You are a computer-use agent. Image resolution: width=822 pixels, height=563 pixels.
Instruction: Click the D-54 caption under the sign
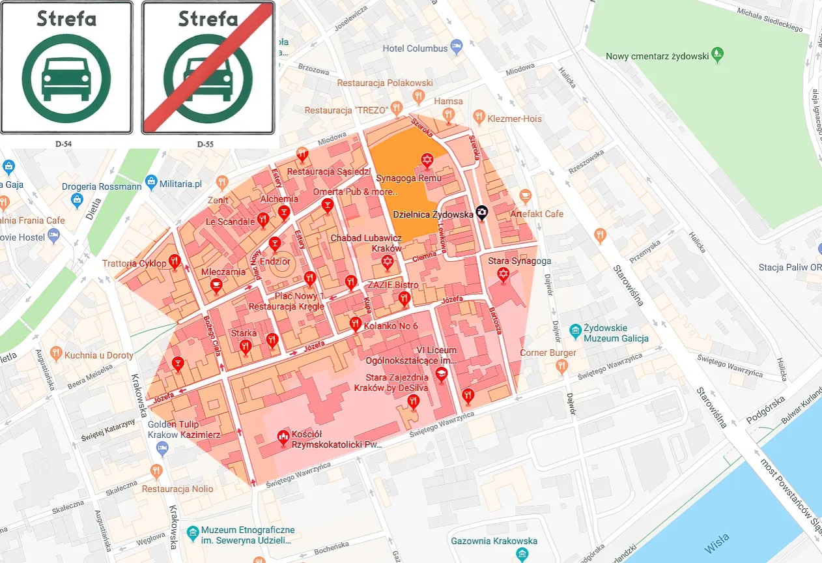[63, 143]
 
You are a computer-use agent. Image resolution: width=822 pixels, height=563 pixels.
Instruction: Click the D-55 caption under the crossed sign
[205, 143]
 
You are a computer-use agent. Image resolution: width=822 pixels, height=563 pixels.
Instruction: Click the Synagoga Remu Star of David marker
[427, 160]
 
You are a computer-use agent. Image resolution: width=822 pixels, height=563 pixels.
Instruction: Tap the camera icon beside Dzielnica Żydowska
[481, 212]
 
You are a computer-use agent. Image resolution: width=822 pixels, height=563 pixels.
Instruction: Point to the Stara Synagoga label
[520, 261]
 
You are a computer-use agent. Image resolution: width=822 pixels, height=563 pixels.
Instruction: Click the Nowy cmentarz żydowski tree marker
[718, 55]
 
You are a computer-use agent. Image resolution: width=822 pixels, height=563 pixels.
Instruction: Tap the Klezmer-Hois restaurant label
[515, 119]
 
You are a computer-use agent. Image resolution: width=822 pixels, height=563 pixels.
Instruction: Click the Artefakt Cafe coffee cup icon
[526, 195]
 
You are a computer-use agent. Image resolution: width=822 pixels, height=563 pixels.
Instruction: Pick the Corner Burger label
[548, 353]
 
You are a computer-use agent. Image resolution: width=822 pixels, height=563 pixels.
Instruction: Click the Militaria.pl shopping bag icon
[151, 180]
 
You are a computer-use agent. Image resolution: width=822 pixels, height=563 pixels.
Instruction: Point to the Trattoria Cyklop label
[134, 264]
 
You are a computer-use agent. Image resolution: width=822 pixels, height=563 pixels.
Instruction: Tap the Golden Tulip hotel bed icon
[162, 448]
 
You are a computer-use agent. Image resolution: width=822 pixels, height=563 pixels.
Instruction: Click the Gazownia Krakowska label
[494, 541]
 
